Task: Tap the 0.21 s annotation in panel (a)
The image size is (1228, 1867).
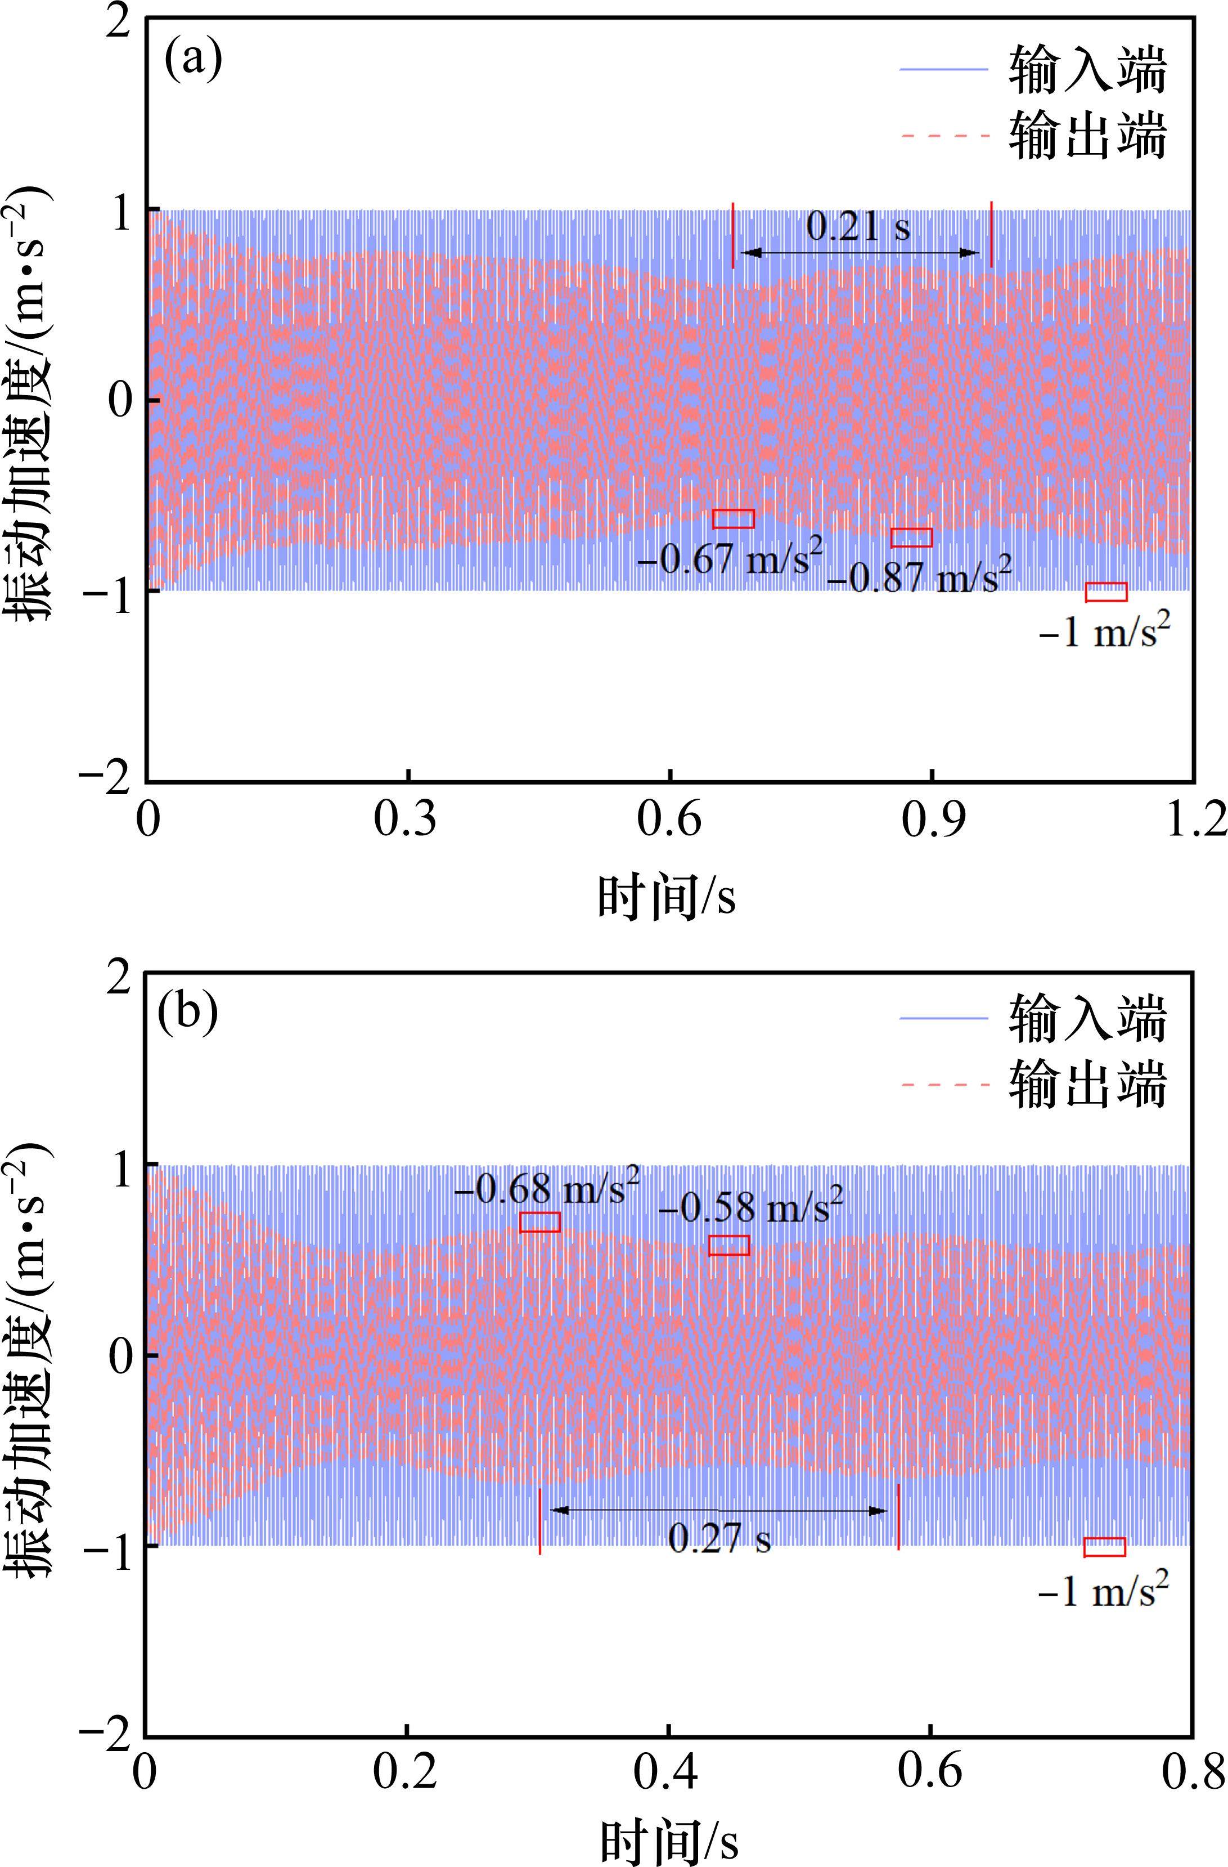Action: (858, 227)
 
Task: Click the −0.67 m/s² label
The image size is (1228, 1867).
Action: (729, 559)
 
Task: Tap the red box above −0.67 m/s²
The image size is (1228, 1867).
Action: (733, 518)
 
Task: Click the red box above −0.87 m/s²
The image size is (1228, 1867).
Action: (911, 538)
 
